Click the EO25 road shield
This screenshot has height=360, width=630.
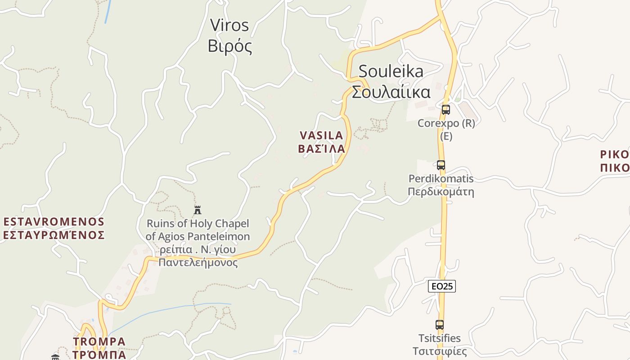(441, 286)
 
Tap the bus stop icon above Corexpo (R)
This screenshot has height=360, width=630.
(445, 109)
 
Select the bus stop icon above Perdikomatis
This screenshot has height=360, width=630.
(441, 165)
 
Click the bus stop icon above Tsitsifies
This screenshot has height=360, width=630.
(440, 324)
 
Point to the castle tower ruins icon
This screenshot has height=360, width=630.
(197, 210)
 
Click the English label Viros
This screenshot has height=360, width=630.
(229, 25)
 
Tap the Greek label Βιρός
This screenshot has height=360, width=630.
(230, 46)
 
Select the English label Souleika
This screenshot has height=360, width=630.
(391, 71)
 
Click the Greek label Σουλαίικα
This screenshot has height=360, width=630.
(391, 92)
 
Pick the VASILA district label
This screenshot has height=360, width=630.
(321, 135)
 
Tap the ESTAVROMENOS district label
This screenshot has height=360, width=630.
(54, 222)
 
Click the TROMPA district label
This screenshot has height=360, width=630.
(99, 342)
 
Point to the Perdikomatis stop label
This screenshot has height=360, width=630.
(441, 179)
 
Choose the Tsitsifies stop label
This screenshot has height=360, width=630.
(440, 338)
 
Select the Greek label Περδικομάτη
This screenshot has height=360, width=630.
(441, 192)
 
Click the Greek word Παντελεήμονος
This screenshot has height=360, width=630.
(198, 262)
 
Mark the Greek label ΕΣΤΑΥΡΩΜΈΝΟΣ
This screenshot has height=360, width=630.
(54, 235)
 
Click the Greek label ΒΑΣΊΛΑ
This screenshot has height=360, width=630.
(321, 148)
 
